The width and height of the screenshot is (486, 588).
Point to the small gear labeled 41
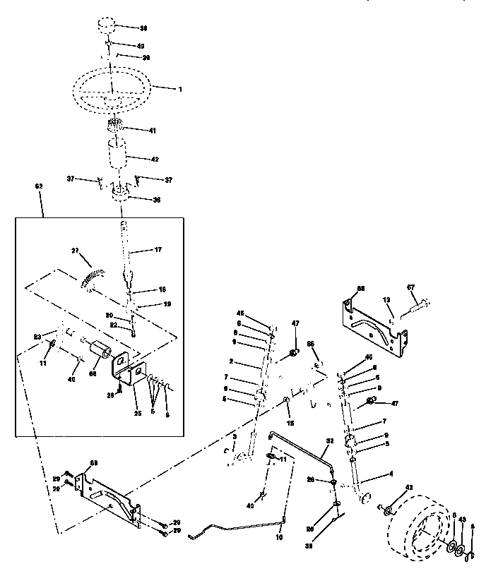pyautogui.click(x=116, y=128)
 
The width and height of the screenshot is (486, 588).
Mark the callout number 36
pyautogui.click(x=156, y=200)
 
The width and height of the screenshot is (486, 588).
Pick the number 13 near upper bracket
pyautogui.click(x=386, y=299)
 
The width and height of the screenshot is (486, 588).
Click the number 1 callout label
pyautogui.click(x=180, y=90)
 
